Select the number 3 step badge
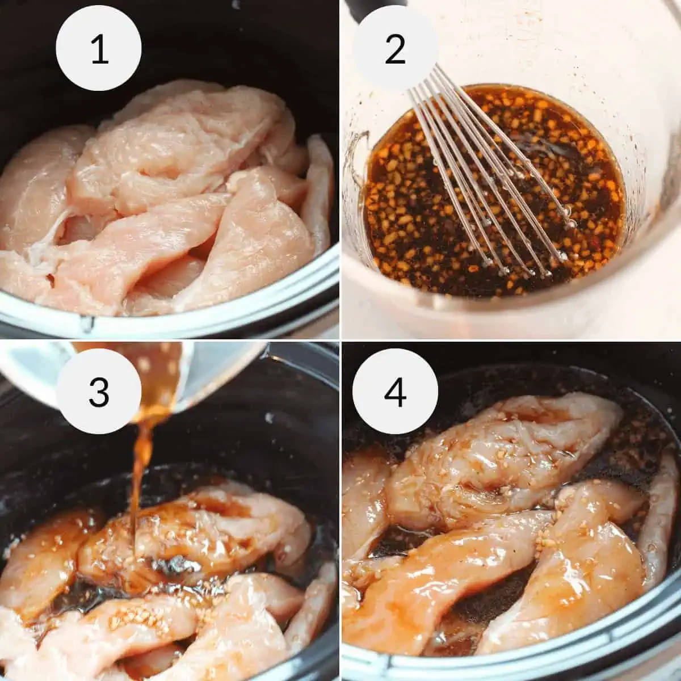(99, 391)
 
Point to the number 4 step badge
(395, 391)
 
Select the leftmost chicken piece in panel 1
(34, 187)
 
